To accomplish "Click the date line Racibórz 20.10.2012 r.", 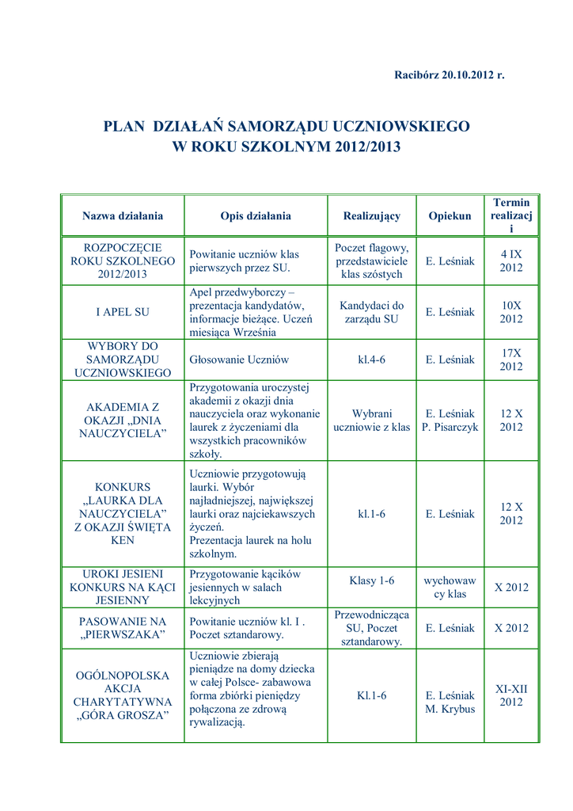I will [449, 74].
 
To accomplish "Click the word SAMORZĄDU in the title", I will [278, 126].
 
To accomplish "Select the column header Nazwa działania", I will [123, 215].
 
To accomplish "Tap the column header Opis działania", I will [256, 215].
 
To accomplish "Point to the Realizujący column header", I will [371, 215].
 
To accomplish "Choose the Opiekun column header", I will [450, 215].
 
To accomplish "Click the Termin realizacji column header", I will [511, 215].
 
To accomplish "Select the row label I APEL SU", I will [123, 312].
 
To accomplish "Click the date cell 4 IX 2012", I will [511, 261].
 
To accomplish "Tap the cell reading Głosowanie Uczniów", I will [239, 360].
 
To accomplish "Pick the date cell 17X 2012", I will [511, 360].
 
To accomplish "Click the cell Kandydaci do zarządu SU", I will [371, 312].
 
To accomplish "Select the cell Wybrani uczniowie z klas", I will [371, 420].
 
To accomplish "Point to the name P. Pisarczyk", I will [450, 427].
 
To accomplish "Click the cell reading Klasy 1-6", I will [371, 581].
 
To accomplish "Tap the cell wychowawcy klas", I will [450, 588].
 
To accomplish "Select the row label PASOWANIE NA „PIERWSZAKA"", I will [123, 628].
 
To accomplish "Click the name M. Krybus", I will [450, 709].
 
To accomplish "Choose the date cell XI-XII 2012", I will [511, 695].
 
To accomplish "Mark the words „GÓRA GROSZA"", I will [123, 716].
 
